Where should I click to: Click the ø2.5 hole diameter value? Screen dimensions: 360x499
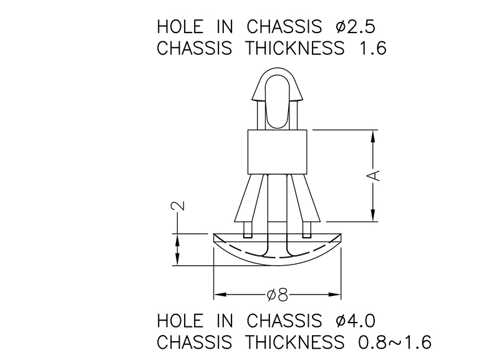click(x=356, y=27)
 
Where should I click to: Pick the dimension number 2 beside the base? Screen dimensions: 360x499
click(x=178, y=206)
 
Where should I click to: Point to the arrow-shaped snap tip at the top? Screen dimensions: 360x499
click(x=278, y=88)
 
